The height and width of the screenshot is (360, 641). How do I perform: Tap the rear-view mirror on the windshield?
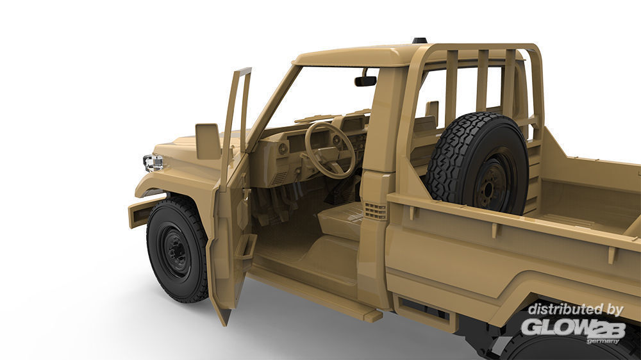[365, 81]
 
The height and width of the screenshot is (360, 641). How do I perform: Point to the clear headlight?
[153, 163]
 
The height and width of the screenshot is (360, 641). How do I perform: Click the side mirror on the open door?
[208, 142]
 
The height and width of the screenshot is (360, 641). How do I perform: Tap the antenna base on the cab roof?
[419, 40]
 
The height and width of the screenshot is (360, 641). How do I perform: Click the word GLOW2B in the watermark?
[572, 327]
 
